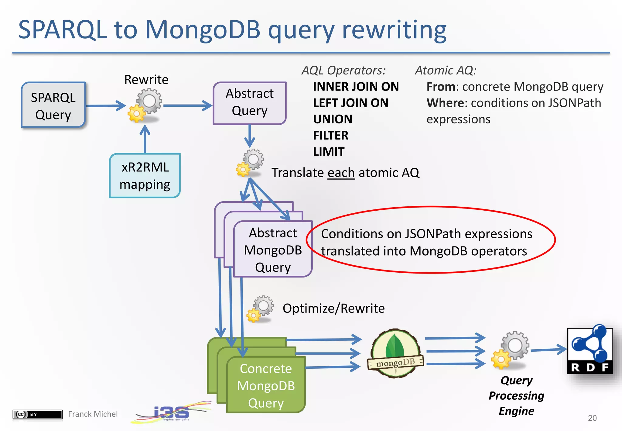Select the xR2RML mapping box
pos(145,176)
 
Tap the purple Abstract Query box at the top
pos(249,103)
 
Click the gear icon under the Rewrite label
pos(145,105)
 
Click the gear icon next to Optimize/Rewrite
pos(260,309)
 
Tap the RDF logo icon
pos(590,350)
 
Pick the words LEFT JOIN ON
pos(350,103)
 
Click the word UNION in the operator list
pos(333,119)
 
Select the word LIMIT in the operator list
pos(329,152)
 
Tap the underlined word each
pos(341,173)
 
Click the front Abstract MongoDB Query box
pos(273,250)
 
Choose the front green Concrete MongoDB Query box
pos(266,385)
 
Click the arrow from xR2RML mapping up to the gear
pos(145,140)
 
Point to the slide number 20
pos(592,418)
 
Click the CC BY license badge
pos(37,414)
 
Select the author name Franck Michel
pos(93,414)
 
